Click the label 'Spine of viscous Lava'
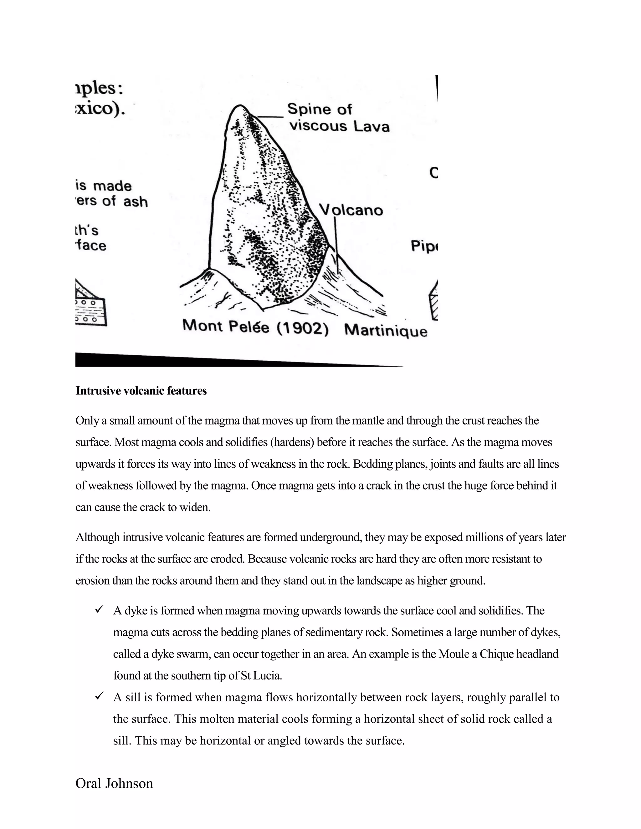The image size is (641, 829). click(x=338, y=117)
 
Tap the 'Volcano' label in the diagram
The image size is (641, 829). click(x=351, y=210)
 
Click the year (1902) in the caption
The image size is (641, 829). click(x=302, y=328)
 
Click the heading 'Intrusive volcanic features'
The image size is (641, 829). click(x=141, y=391)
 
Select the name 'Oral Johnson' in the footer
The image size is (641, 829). click(x=114, y=783)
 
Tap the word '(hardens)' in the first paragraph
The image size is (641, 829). click(x=292, y=442)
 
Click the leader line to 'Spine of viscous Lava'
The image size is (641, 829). click(x=269, y=117)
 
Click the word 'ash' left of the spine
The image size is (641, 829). click(x=135, y=201)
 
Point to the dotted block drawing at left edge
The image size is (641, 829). click(x=90, y=308)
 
